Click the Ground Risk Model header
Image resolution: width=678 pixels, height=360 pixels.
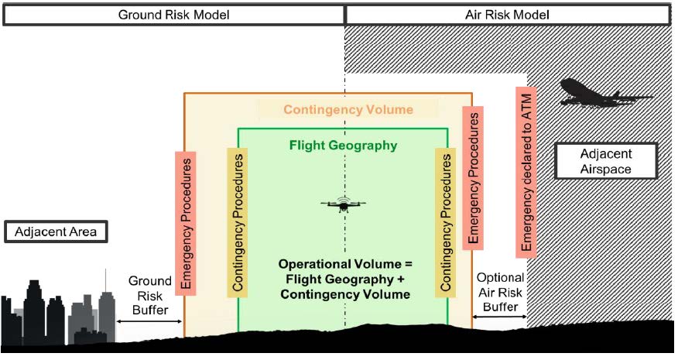pyautogui.click(x=173, y=15)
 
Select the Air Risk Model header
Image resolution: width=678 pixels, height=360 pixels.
pyautogui.click(x=508, y=15)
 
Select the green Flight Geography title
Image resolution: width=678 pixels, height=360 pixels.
pyautogui.click(x=343, y=145)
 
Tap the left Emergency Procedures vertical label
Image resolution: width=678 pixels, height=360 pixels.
pyautogui.click(x=186, y=222)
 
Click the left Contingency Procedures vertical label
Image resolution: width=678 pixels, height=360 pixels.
pyautogui.click(x=238, y=223)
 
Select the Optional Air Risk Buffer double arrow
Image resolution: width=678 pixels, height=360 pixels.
pyautogui.click(x=500, y=317)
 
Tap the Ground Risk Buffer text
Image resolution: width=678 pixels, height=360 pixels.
pyautogui.click(x=146, y=293)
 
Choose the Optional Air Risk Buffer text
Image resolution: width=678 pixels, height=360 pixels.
pyautogui.click(x=500, y=292)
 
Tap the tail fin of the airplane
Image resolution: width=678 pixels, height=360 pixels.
pyautogui.click(x=567, y=85)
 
